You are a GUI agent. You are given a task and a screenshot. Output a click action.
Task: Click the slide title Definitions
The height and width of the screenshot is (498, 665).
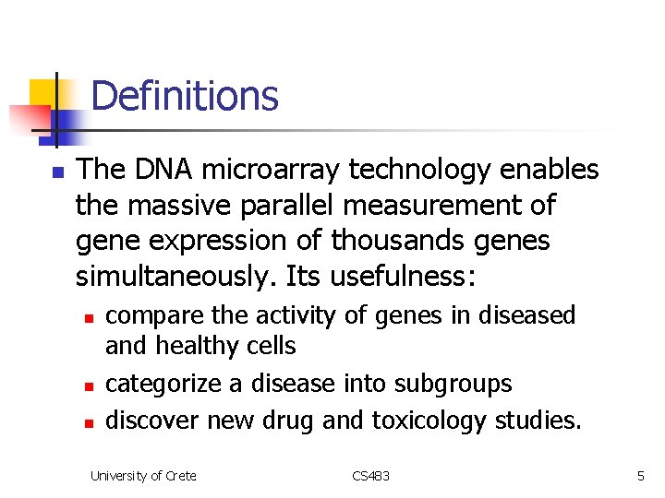[185, 96]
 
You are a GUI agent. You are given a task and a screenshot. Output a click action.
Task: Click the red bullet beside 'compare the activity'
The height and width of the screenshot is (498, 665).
[88, 317]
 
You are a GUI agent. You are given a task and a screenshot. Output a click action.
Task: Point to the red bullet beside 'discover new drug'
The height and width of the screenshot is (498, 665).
[88, 422]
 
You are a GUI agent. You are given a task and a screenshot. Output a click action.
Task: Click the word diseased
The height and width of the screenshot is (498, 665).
[527, 315]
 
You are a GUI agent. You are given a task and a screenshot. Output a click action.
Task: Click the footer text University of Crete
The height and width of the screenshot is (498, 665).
[143, 476]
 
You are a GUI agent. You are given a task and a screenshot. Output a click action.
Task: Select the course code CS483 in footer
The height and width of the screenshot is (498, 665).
[370, 476]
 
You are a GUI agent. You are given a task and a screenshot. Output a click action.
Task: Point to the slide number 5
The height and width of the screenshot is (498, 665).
[640, 476]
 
